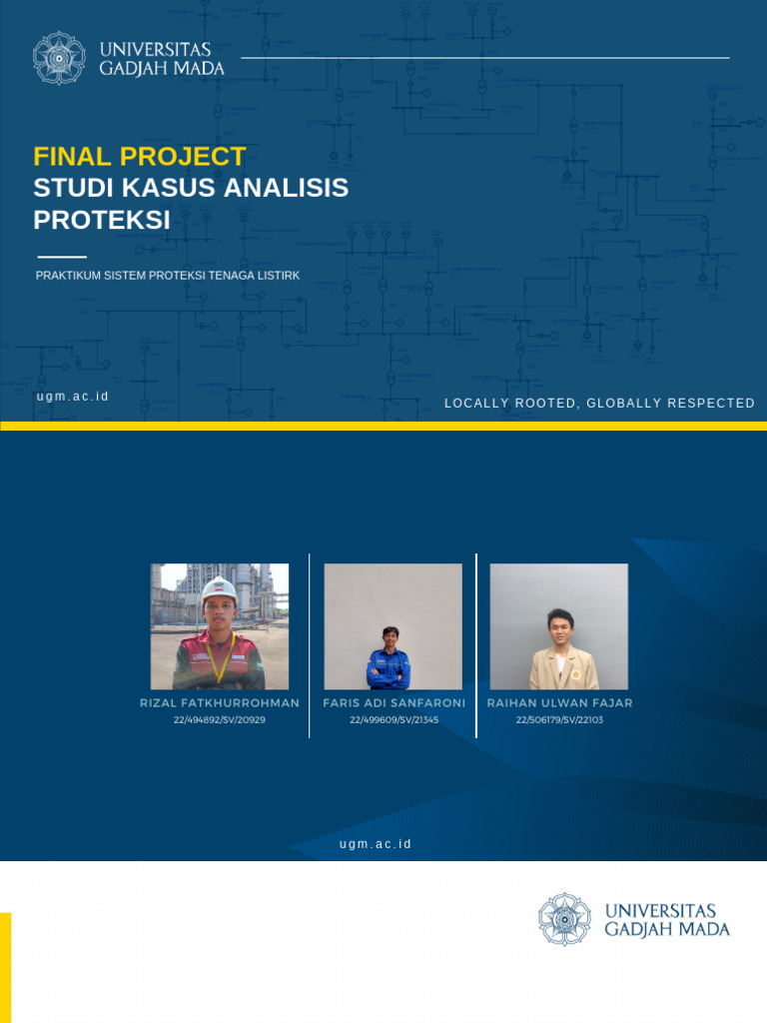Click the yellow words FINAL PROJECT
click(139, 157)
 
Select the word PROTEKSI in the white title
click(102, 220)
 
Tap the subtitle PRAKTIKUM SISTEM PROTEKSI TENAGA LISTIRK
click(168, 276)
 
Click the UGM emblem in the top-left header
click(58, 58)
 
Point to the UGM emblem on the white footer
click(564, 919)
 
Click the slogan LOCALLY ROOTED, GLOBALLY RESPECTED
click(599, 404)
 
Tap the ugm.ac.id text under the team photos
click(376, 844)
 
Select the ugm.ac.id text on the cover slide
click(73, 397)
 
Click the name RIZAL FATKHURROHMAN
click(220, 703)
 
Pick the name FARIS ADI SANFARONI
click(393, 703)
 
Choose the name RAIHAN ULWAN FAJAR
click(559, 703)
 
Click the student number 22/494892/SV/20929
click(220, 719)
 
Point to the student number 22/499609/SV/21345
click(393, 719)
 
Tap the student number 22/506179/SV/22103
click(559, 719)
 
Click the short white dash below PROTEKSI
click(62, 257)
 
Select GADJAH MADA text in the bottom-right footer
click(667, 930)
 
